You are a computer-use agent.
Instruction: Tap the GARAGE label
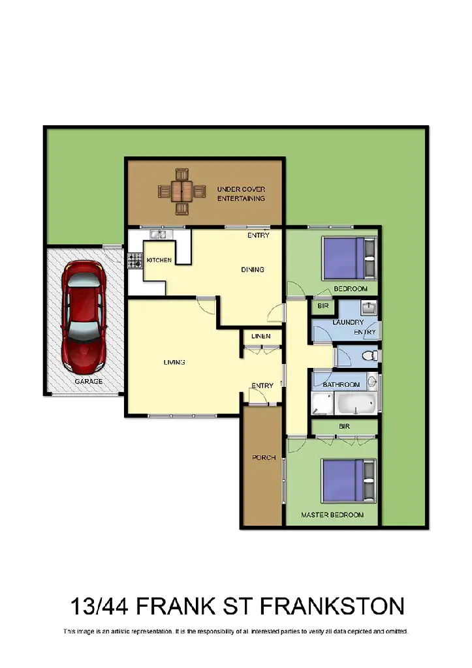click(x=88, y=382)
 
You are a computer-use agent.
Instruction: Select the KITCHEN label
click(x=159, y=260)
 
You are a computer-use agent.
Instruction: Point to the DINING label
click(x=253, y=269)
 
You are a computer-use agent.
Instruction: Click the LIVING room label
click(x=174, y=362)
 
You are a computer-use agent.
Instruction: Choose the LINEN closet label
click(x=261, y=337)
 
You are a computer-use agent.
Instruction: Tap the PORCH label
click(x=260, y=457)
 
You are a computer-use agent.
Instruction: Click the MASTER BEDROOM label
click(x=332, y=515)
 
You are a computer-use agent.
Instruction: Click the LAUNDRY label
click(x=348, y=322)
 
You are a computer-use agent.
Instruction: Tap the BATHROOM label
click(x=341, y=385)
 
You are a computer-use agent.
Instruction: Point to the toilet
click(x=368, y=356)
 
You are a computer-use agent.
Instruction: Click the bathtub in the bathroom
click(x=355, y=403)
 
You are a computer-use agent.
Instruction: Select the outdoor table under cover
click(x=181, y=191)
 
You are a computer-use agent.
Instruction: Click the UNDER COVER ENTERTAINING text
click(x=241, y=194)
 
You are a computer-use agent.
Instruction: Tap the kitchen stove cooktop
click(x=135, y=261)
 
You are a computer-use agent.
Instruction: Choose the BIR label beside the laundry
click(x=322, y=306)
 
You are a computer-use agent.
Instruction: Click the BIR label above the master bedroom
click(x=344, y=426)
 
